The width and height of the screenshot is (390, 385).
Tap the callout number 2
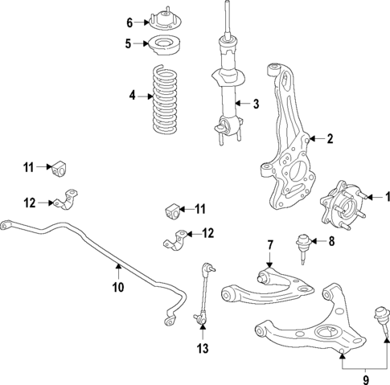329,139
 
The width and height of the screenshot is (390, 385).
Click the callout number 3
256,104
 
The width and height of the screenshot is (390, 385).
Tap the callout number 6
129,22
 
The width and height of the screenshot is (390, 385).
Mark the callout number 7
270,244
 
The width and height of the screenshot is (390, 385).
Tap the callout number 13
203,348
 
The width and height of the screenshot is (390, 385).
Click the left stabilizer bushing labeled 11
57,169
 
